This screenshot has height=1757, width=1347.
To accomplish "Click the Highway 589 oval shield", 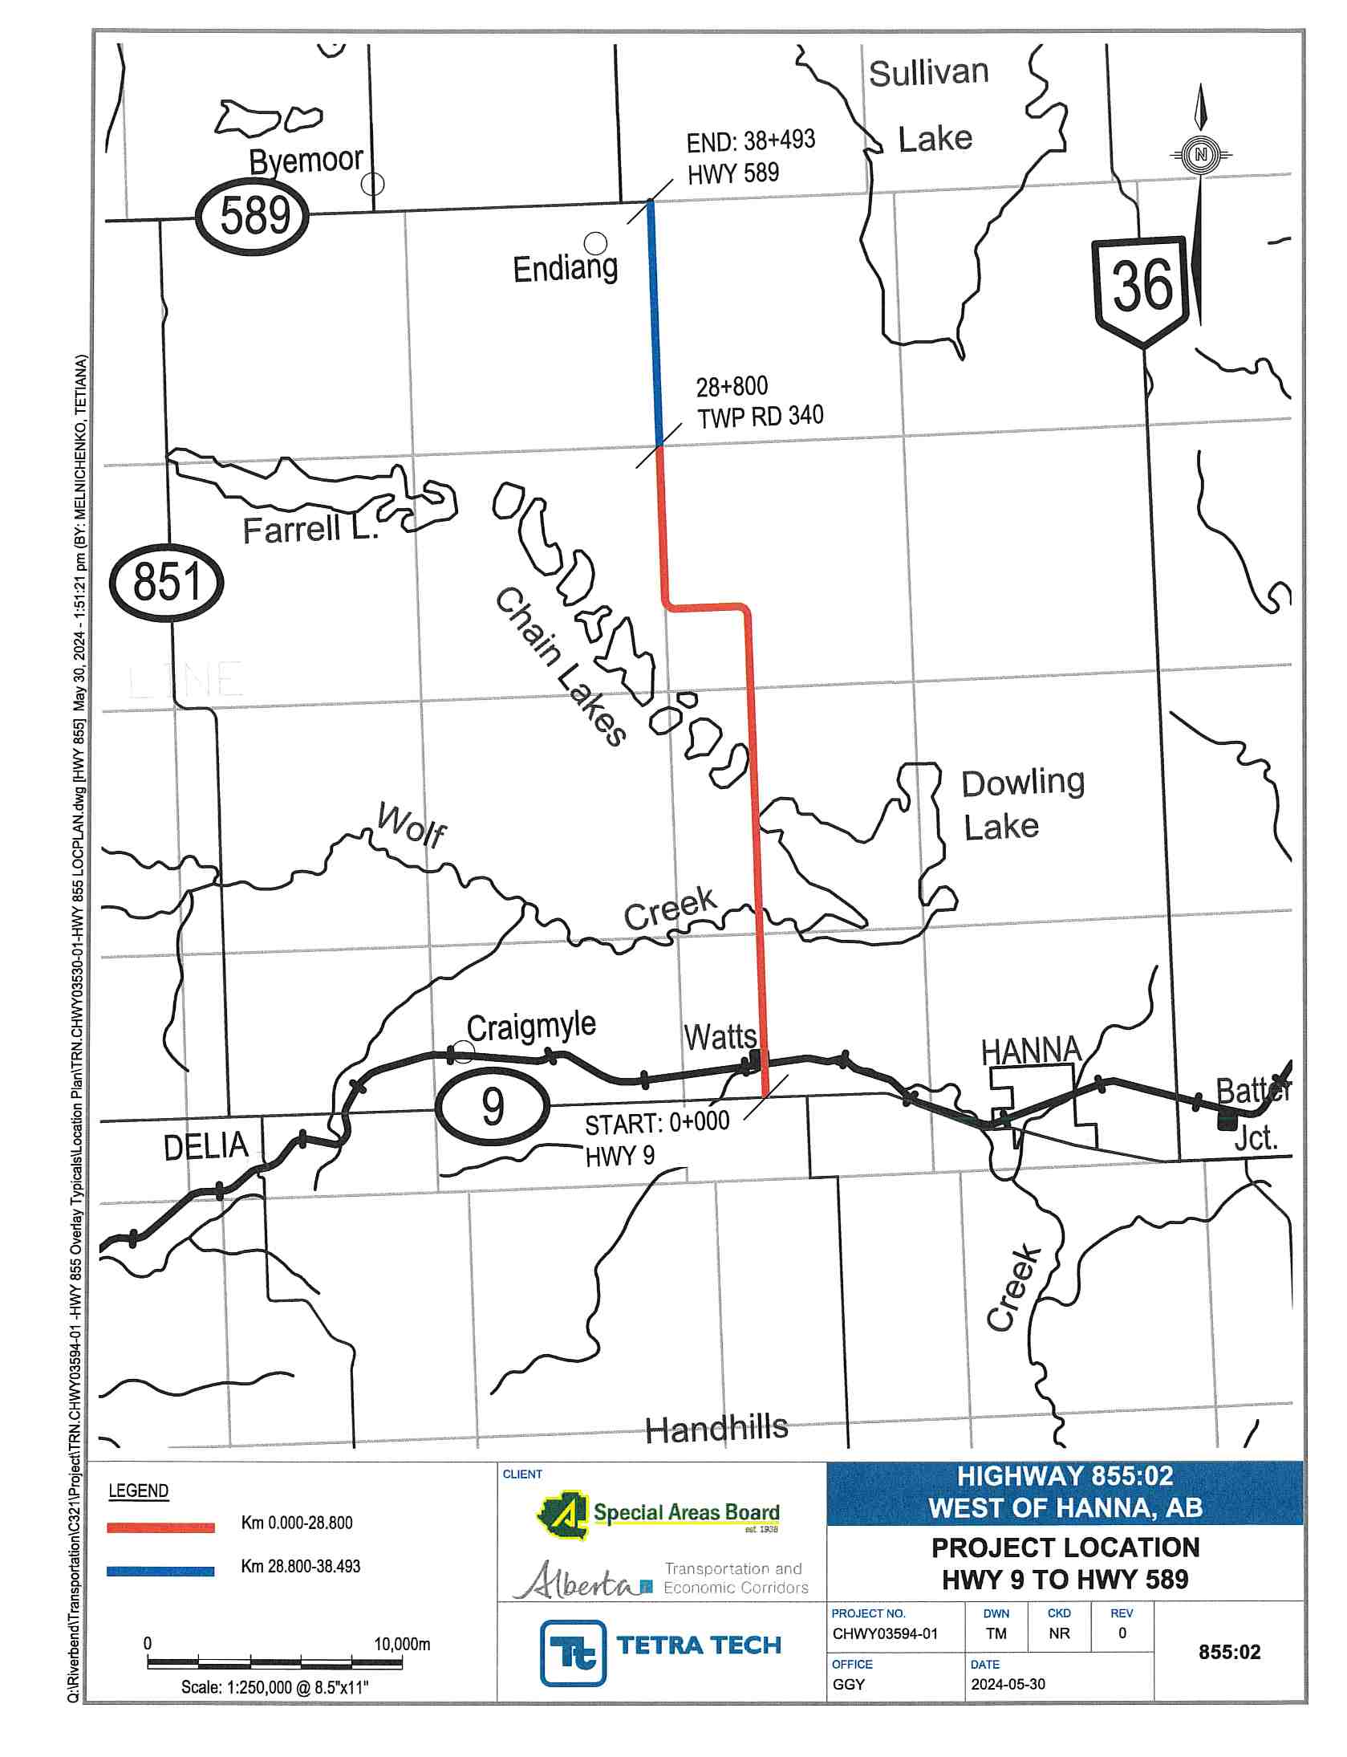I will [x=254, y=216].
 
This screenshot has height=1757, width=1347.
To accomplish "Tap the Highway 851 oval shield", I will [x=166, y=582].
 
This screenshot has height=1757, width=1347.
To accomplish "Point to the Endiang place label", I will [x=566, y=269].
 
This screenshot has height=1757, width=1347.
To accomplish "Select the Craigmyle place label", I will [x=531, y=1027].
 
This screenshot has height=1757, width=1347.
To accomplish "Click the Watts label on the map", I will [x=720, y=1038].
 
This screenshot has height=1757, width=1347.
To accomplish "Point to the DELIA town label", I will [x=205, y=1146].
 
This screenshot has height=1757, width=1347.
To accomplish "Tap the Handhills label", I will [x=716, y=1430].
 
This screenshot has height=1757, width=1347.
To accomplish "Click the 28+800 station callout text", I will [x=732, y=388].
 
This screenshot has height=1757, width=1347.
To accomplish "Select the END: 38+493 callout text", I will [x=750, y=142].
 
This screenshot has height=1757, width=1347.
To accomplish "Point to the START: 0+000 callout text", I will [x=657, y=1123].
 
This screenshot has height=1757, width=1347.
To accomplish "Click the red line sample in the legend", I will [x=160, y=1528].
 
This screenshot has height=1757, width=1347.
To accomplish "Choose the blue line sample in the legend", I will [x=160, y=1572].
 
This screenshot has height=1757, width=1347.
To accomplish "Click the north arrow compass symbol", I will [x=1200, y=155].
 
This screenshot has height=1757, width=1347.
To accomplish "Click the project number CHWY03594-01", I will [x=884, y=1633].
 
